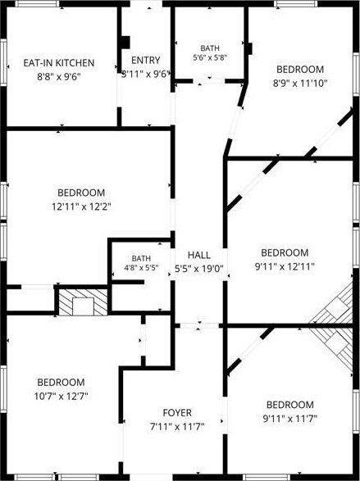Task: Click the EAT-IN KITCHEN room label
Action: [59, 63]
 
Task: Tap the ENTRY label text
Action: [146, 60]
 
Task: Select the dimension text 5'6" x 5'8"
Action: [210, 57]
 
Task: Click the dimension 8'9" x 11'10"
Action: [300, 83]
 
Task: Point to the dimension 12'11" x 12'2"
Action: [81, 206]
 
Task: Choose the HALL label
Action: [199, 255]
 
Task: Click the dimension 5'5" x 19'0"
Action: [199, 269]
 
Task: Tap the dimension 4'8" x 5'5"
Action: [141, 268]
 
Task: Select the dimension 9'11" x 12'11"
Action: [285, 266]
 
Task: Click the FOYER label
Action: [177, 413]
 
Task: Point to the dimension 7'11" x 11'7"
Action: [177, 427]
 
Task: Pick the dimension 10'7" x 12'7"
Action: [61, 397]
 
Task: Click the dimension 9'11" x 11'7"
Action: [290, 419]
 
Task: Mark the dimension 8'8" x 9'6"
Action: [59, 77]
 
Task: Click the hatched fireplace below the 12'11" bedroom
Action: [83, 302]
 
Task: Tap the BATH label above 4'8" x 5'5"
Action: [141, 259]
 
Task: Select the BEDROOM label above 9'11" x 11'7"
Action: [290, 405]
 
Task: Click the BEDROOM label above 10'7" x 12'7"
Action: [61, 383]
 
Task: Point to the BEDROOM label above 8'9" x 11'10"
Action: [300, 70]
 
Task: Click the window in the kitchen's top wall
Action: [37, 3]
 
